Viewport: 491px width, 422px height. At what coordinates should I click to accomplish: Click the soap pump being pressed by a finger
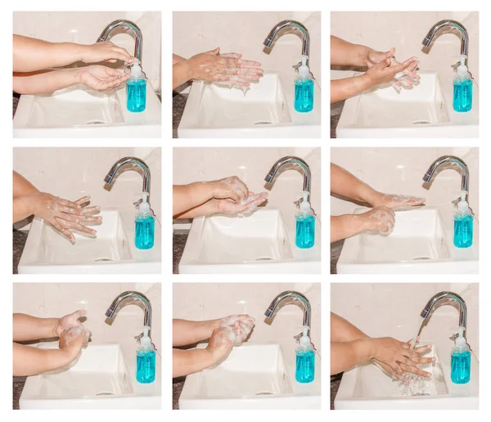point(135,65)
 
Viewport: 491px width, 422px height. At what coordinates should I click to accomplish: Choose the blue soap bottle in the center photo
point(304,229)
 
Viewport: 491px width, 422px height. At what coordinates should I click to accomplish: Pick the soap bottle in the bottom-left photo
point(146,364)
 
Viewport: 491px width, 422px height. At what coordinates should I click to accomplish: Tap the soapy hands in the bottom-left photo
point(72,334)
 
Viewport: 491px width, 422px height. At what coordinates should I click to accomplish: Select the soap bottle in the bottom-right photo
point(461,365)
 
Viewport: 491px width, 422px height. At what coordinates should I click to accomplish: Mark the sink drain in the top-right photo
point(417,123)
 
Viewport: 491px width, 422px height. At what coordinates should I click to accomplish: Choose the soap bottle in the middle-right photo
point(462,229)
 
